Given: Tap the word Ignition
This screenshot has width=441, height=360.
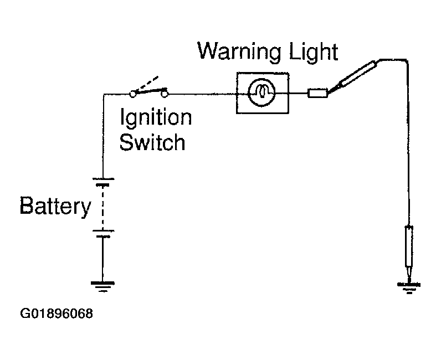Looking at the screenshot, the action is (x=156, y=117).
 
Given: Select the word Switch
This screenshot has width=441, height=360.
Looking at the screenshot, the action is (x=152, y=142).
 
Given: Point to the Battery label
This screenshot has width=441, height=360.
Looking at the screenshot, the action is (x=56, y=206).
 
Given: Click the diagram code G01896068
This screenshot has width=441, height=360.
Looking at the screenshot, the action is (x=57, y=313).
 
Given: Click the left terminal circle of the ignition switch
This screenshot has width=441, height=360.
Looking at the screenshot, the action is (x=132, y=94).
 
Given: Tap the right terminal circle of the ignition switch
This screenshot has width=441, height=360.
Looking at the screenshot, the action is (x=165, y=94).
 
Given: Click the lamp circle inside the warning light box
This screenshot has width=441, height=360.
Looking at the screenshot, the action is (x=262, y=92).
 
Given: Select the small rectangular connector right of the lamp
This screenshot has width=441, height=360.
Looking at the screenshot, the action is (x=317, y=93).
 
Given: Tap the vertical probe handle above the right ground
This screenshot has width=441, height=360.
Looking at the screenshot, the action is (x=409, y=246).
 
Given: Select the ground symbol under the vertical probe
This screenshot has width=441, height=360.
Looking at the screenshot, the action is (x=409, y=287).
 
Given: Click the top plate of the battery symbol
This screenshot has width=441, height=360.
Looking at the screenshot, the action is (x=103, y=178).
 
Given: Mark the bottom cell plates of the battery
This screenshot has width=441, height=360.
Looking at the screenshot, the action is (x=103, y=233).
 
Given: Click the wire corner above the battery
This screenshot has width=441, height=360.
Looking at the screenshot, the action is (x=104, y=94).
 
